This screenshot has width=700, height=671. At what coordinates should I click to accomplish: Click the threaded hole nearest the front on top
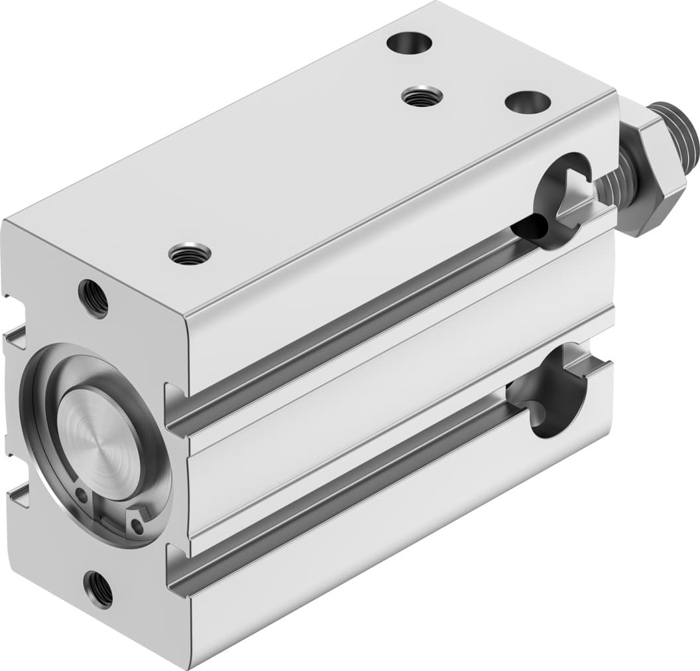(x=190, y=254)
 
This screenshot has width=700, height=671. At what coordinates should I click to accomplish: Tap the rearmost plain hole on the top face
(x=410, y=43)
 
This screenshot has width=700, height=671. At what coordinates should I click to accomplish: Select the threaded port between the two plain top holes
(x=422, y=97)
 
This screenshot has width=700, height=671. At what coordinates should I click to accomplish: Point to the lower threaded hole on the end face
(x=98, y=588)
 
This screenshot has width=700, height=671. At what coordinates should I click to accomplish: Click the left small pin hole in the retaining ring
(x=81, y=494)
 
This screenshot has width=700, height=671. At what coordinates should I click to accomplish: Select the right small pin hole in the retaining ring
(x=137, y=526)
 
